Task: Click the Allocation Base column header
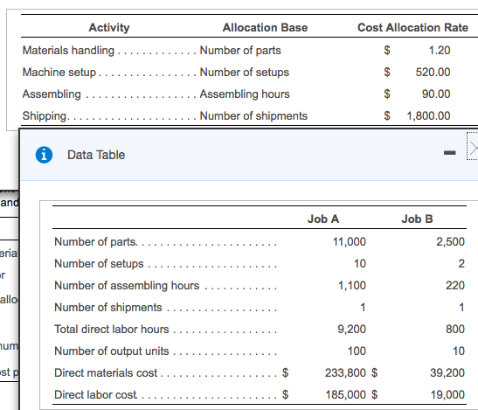click(265, 28)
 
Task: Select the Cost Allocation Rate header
click(412, 28)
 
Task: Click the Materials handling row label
click(68, 50)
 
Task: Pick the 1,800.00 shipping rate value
click(428, 115)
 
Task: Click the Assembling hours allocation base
click(245, 94)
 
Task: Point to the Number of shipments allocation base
click(253, 115)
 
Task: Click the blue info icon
click(41, 155)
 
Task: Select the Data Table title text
click(96, 155)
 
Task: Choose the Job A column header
click(323, 219)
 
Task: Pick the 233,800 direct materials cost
click(345, 372)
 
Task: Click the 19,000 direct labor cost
click(448, 394)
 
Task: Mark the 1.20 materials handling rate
click(440, 50)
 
